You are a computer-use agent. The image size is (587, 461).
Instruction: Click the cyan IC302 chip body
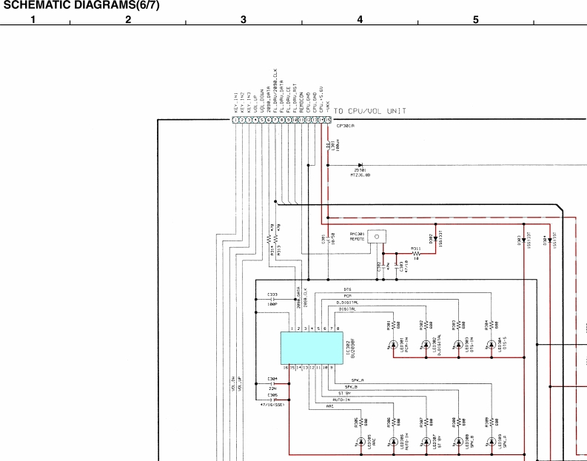pyautogui.click(x=310, y=348)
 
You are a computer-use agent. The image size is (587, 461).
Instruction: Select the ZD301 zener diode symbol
pyautogui.click(x=360, y=166)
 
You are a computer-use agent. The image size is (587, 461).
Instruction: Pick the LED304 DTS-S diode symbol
pyautogui.click(x=490, y=345)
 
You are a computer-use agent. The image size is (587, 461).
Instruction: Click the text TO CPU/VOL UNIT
pyautogui.click(x=369, y=112)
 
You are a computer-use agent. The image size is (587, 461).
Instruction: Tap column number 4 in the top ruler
pyautogui.click(x=360, y=19)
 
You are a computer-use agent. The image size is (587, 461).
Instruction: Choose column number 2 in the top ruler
pyautogui.click(x=128, y=19)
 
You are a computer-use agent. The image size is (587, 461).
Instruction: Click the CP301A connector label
pyautogui.click(x=346, y=126)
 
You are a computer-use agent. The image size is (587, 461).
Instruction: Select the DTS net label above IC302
pyautogui.click(x=347, y=289)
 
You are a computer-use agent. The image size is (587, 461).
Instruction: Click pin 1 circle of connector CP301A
pyautogui.click(x=235, y=119)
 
